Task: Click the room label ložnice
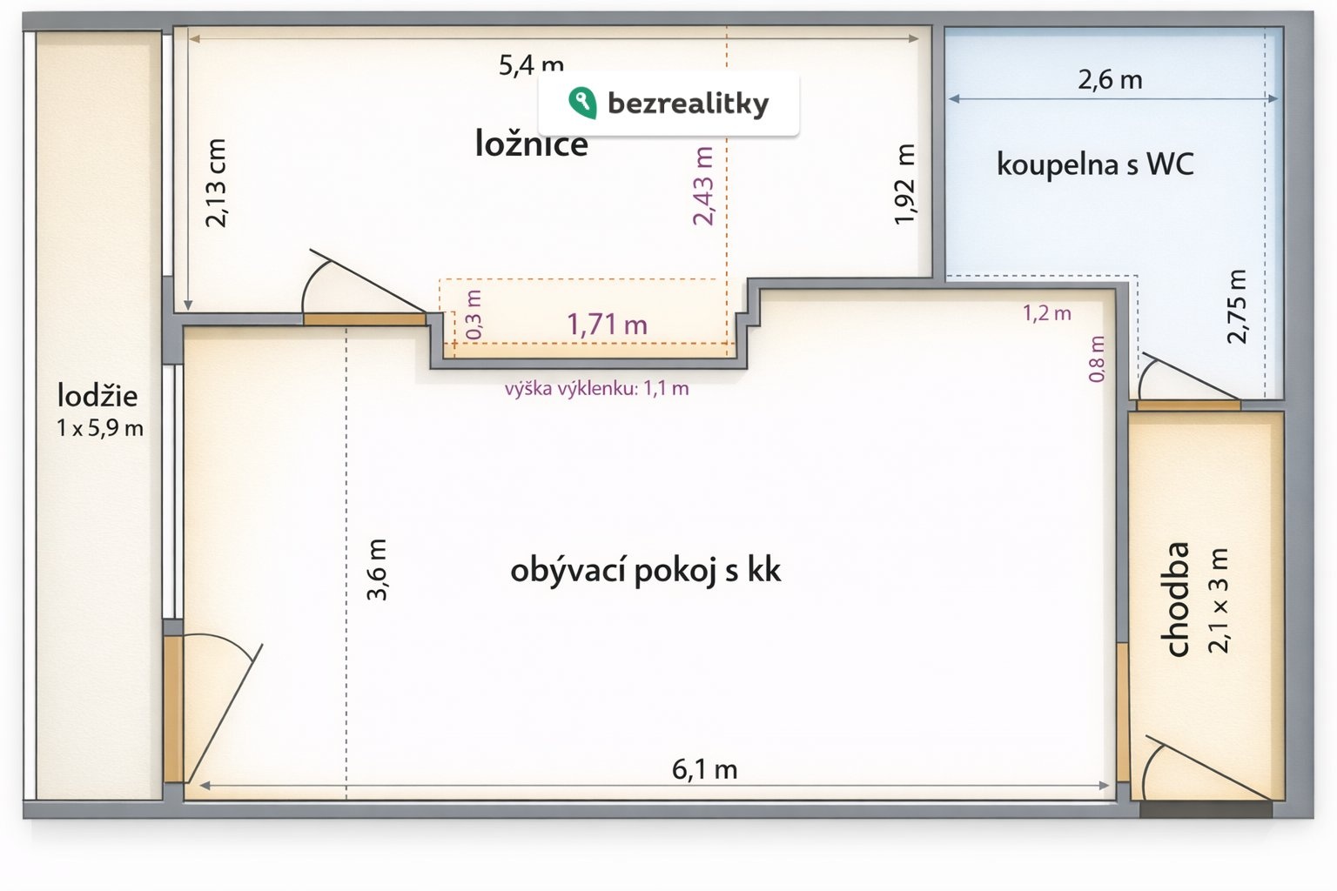[531, 145]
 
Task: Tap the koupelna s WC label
[1095, 164]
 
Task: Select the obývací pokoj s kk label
[645, 571]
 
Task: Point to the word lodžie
[97, 396]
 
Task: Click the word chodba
[1177, 600]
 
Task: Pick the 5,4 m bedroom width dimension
[531, 64]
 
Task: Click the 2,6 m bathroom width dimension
[1110, 79]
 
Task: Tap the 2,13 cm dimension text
[216, 183]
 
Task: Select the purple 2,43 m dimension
[703, 185]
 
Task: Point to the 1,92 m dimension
[904, 184]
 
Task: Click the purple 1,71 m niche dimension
[607, 325]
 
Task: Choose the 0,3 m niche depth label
[474, 314]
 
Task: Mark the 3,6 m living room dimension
[377, 569]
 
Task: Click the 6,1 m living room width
[705, 769]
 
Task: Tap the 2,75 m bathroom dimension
[1236, 306]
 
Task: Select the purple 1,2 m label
[1047, 312]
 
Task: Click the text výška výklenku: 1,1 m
[597, 389]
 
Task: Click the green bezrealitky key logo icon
[582, 103]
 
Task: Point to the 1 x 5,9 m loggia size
[100, 428]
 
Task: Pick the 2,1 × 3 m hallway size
[1218, 600]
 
